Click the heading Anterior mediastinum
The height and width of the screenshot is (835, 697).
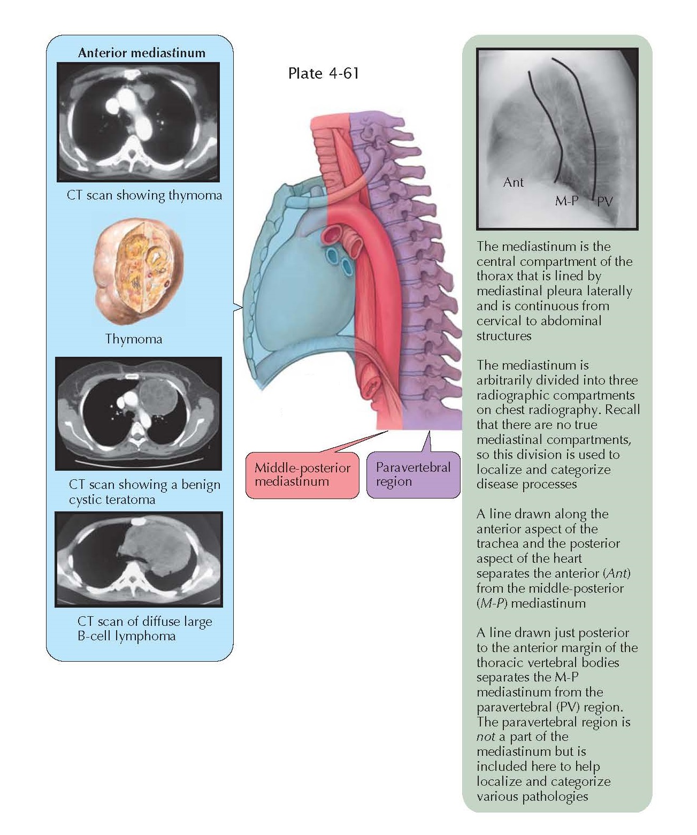(x=141, y=52)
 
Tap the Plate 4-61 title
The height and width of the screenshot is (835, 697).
(x=323, y=73)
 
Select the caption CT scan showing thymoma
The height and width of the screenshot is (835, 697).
(x=144, y=195)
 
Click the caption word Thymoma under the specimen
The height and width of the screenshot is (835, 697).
(x=133, y=339)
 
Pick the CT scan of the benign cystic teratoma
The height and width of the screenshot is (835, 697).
(x=139, y=413)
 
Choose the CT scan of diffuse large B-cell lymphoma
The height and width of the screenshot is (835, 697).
(x=139, y=560)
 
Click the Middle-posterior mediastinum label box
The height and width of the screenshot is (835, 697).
(x=302, y=475)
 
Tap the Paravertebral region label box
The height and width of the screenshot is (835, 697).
(x=413, y=474)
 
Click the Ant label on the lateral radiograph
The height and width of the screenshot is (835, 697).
(x=513, y=182)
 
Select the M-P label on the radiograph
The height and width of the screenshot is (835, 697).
(x=566, y=202)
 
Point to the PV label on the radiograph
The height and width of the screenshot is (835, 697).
(x=604, y=202)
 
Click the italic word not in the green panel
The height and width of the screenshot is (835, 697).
(x=485, y=737)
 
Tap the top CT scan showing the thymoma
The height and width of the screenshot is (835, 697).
(x=139, y=122)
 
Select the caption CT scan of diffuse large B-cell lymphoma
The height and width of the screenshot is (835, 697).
(x=144, y=629)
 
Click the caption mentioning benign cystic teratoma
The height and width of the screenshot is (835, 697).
(x=144, y=492)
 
